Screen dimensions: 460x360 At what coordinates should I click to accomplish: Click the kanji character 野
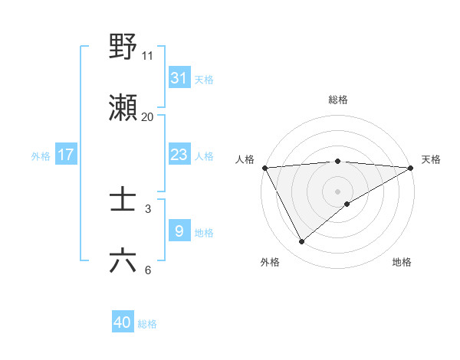point(123,47)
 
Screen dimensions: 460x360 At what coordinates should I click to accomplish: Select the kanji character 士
point(123,200)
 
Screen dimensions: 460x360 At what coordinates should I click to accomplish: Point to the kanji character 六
point(123,261)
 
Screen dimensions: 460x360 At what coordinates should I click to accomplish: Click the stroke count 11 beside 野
point(148,55)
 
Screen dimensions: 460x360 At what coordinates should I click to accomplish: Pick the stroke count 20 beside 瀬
point(148,116)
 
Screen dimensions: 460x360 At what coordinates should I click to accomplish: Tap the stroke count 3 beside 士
point(148,208)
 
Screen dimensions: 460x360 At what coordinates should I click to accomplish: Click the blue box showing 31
point(179,78)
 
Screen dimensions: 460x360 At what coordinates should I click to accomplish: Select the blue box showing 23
point(179,155)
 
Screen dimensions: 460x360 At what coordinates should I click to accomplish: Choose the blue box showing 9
point(179,231)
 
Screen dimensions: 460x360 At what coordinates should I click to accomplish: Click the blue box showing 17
point(66,155)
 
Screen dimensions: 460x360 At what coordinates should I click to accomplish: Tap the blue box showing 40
point(123,323)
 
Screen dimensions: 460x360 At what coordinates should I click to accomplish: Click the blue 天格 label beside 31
point(204,79)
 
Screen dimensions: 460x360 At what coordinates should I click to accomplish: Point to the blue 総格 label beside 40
point(147,324)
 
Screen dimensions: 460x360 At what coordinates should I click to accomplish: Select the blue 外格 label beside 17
point(41,155)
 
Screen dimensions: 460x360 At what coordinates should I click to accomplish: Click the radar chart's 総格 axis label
point(338,100)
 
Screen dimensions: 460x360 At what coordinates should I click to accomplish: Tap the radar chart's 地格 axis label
point(402,262)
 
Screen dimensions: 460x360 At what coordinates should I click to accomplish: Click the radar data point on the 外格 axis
point(301,242)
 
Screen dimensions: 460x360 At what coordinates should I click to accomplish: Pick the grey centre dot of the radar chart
point(338,191)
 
